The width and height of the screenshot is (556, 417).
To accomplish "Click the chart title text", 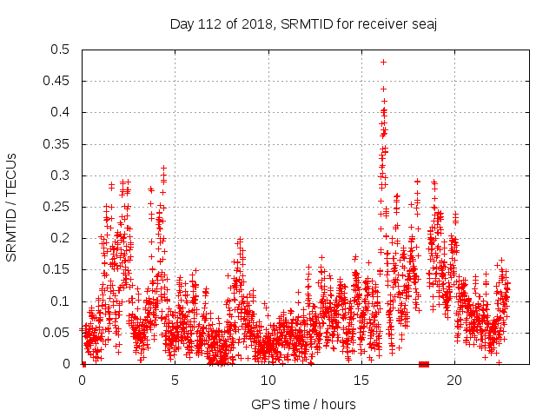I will (x=302, y=24).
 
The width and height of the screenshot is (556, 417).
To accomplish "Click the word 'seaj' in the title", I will (x=423, y=24).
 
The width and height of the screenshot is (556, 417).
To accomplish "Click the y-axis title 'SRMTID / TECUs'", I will (x=12, y=207).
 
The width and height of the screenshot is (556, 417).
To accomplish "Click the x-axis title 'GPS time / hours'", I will (x=303, y=404).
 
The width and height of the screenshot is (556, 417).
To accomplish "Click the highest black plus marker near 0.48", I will (x=383, y=62).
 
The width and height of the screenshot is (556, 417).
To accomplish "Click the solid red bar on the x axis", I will (x=424, y=364).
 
